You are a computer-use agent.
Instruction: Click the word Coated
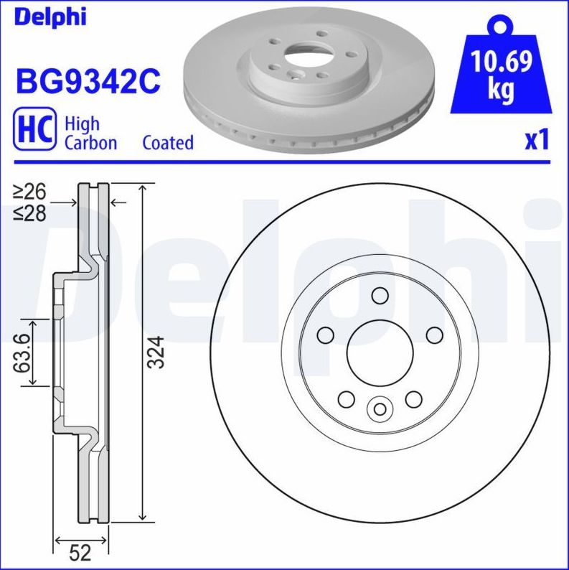click(168, 143)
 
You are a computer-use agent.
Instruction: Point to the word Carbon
click(90, 143)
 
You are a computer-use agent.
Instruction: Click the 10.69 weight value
click(502, 63)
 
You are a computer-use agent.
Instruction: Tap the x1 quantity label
click(536, 141)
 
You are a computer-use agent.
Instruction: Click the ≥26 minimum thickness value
click(29, 192)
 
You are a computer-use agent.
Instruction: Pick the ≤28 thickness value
click(29, 213)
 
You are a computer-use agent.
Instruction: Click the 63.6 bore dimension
click(23, 352)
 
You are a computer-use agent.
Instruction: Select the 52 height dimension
click(80, 553)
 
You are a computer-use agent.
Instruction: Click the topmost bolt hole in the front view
click(380, 296)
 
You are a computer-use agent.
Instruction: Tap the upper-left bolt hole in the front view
click(326, 335)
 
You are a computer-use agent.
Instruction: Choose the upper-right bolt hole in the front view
click(434, 335)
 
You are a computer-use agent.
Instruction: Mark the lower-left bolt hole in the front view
click(347, 399)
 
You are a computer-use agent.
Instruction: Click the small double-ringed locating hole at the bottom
click(380, 410)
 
